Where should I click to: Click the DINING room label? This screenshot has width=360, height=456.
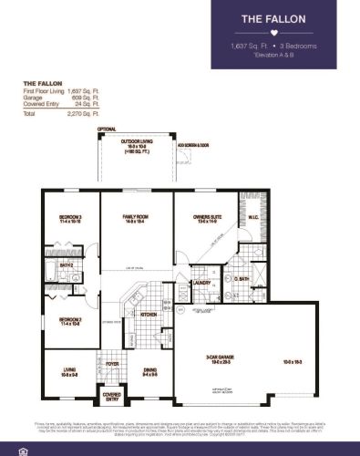pyautogui.click(x=149, y=370)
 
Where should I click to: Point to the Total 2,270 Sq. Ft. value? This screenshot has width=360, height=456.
pyautogui.click(x=80, y=115)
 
